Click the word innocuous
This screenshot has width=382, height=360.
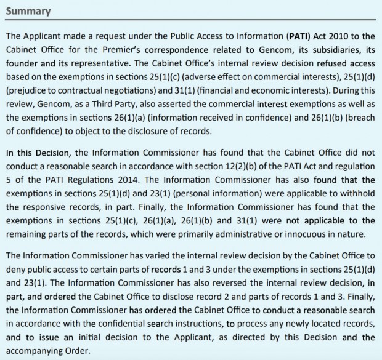(300, 222)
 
